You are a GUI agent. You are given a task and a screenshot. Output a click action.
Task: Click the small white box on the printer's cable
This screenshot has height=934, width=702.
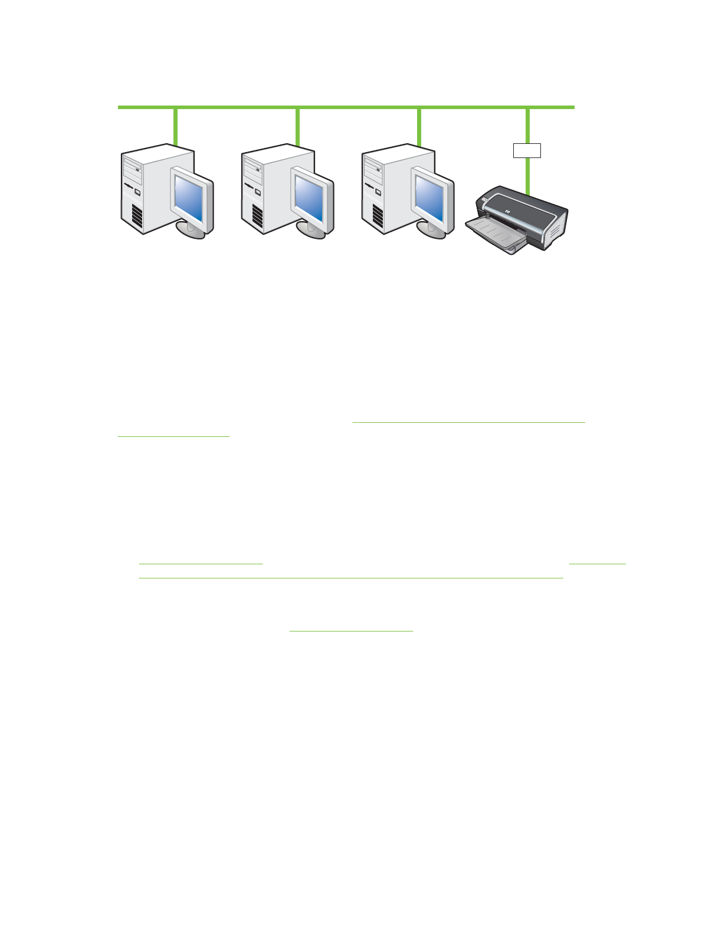pyautogui.click(x=527, y=150)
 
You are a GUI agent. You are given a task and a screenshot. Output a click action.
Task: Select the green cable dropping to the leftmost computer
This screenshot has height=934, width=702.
pyautogui.click(x=175, y=126)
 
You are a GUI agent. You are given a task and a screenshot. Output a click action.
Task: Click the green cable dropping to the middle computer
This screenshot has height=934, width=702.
pyautogui.click(x=297, y=126)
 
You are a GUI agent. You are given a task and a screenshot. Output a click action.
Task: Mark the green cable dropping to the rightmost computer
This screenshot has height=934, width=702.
pyautogui.click(x=419, y=126)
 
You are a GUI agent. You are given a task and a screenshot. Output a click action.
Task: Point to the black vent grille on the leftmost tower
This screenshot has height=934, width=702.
pyautogui.click(x=137, y=217)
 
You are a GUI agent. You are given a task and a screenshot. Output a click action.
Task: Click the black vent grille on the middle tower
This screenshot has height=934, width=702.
pyautogui.click(x=258, y=217)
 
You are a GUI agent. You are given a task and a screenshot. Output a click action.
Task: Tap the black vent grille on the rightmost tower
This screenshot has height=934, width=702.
pyautogui.click(x=378, y=217)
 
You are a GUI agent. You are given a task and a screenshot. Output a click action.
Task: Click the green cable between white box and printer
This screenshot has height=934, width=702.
pyautogui.click(x=527, y=176)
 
